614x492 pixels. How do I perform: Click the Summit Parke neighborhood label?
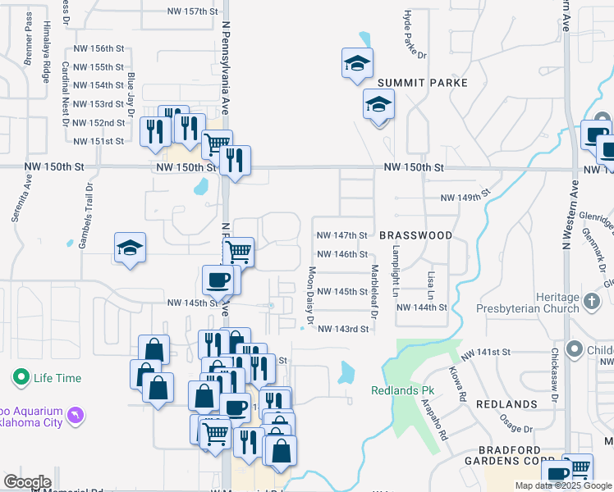pos(423,83)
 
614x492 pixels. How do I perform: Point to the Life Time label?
pos(57,378)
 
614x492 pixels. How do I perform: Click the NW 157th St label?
pos(193,11)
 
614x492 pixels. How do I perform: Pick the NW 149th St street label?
pos(465,196)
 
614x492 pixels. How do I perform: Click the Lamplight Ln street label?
pos(396,271)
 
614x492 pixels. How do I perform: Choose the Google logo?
pos(27,482)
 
